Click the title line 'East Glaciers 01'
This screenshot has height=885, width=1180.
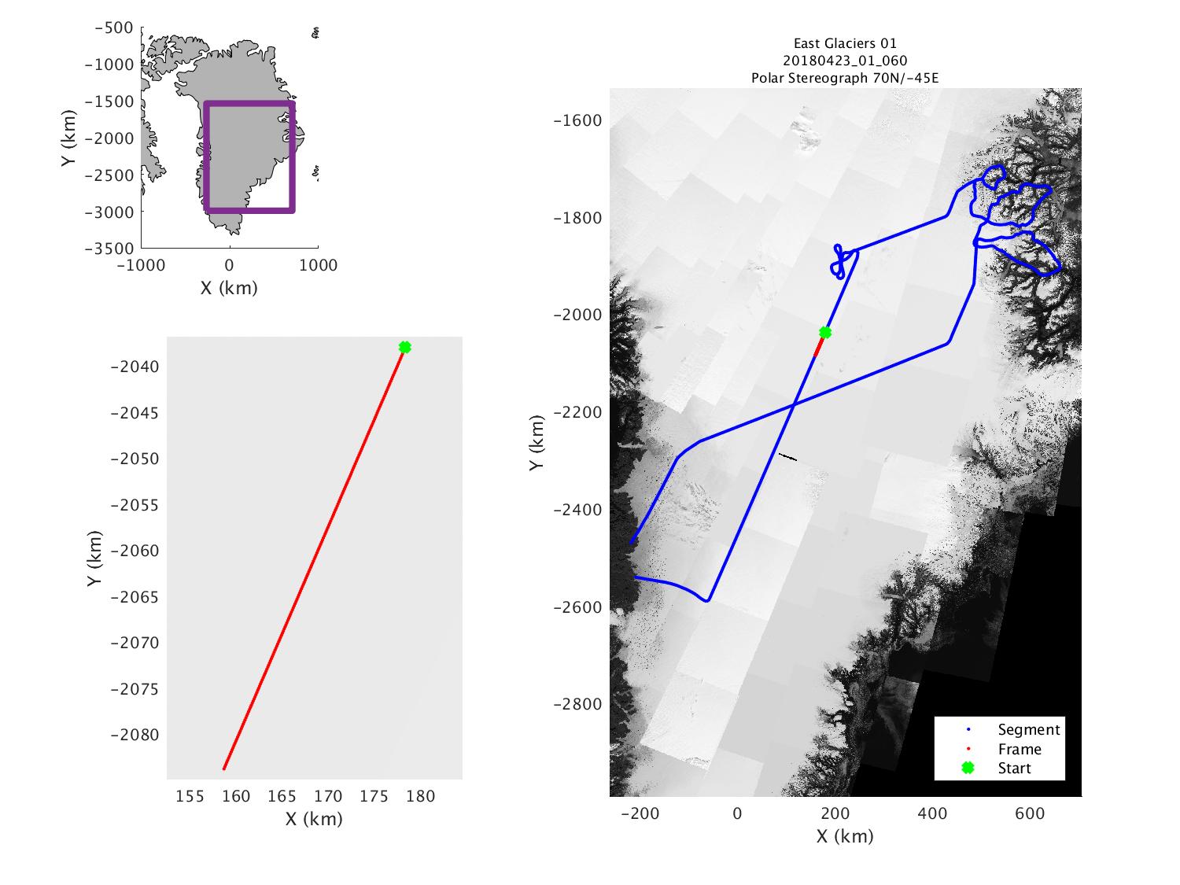[x=845, y=44]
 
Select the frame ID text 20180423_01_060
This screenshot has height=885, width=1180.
[x=845, y=61]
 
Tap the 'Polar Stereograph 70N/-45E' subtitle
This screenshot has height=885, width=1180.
[x=845, y=78]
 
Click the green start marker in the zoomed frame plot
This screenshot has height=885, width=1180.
[x=405, y=347]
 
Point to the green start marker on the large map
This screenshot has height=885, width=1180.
[x=825, y=332]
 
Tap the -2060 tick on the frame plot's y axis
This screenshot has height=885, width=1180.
[x=138, y=551]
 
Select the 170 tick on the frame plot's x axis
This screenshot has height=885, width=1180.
[x=328, y=797]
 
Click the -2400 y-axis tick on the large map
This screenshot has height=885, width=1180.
[x=578, y=510]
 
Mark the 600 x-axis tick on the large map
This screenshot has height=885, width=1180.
[x=1030, y=813]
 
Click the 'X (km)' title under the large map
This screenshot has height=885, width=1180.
[x=845, y=835]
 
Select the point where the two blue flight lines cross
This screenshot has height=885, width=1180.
[x=793, y=405]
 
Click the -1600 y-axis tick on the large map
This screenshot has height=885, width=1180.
[x=578, y=120]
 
